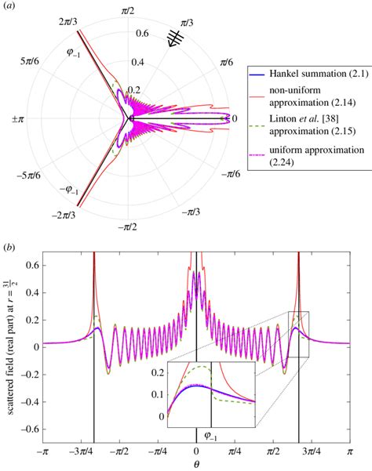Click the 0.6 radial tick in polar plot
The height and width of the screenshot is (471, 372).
tap(142, 34)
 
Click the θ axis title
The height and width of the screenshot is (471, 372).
tap(196, 464)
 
